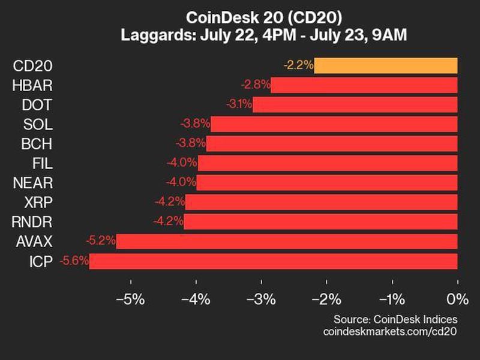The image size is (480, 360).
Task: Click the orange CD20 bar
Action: [385, 65]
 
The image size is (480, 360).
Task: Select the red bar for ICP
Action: [273, 261]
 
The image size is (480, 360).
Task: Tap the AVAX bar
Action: [287, 241]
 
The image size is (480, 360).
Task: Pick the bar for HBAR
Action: [364, 85]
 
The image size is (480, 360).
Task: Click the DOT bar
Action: [355, 104]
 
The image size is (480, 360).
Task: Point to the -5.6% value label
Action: [74, 261]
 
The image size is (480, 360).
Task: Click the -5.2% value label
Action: [101, 241]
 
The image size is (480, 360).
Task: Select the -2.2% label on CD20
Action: [298, 65]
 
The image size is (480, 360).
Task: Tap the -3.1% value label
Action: [239, 104]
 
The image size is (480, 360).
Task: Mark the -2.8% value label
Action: [256, 85]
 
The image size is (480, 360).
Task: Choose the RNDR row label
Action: [32, 222]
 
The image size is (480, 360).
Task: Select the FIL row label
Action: [43, 163]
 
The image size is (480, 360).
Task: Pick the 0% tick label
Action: [457, 299]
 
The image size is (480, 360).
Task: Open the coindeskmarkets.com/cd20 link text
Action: [390, 331]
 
